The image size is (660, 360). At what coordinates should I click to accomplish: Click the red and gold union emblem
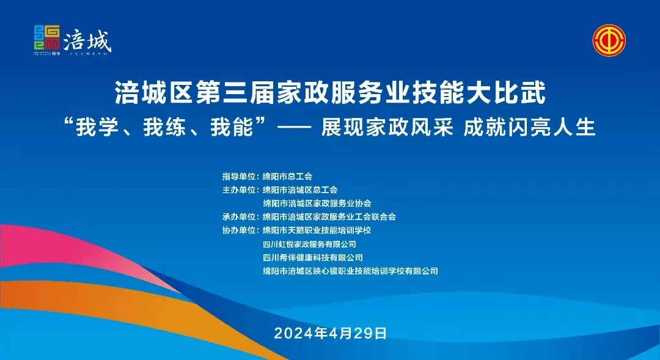click(609, 40)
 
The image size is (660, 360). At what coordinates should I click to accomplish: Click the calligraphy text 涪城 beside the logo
click(87, 42)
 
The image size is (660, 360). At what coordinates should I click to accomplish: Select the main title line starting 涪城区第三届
click(331, 93)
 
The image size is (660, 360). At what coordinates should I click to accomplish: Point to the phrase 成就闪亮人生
click(529, 127)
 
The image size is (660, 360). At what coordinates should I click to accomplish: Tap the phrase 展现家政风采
click(387, 127)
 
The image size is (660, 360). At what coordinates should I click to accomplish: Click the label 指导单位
click(239, 177)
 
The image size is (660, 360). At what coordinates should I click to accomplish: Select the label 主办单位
click(239, 190)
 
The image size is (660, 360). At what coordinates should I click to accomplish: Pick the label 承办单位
click(239, 217)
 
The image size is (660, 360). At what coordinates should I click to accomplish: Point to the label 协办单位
click(239, 230)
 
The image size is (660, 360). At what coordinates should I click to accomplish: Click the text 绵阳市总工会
click(287, 177)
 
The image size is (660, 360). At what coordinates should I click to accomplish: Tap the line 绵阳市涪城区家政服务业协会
click(317, 204)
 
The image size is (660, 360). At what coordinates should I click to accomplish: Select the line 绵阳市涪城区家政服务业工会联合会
click(329, 217)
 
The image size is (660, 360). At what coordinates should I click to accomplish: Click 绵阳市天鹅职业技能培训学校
click(317, 230)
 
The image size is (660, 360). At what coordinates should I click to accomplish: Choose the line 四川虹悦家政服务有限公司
click(309, 244)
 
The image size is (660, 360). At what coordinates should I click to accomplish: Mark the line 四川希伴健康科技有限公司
click(313, 258)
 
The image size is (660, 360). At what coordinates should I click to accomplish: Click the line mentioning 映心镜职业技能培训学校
click(350, 271)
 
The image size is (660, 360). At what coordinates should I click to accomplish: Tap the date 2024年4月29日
click(331, 333)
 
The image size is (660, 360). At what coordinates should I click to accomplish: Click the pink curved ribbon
click(63, 252)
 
